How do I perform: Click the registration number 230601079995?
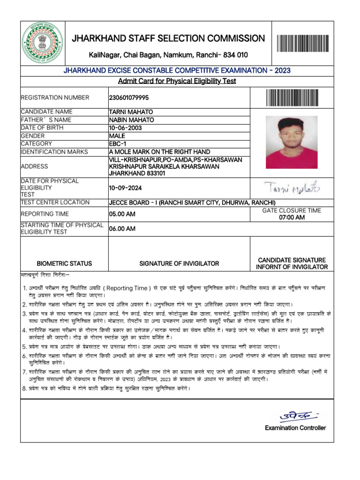(128, 97)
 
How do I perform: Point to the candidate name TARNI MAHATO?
(131, 112)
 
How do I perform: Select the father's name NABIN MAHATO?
(131, 120)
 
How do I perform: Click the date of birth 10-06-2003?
(124, 128)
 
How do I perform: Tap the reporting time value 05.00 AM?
(122, 214)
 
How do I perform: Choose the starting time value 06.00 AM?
(122, 229)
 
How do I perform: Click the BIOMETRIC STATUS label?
(64, 263)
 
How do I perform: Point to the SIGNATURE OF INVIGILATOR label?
(179, 263)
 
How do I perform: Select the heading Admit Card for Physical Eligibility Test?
(177, 81)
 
